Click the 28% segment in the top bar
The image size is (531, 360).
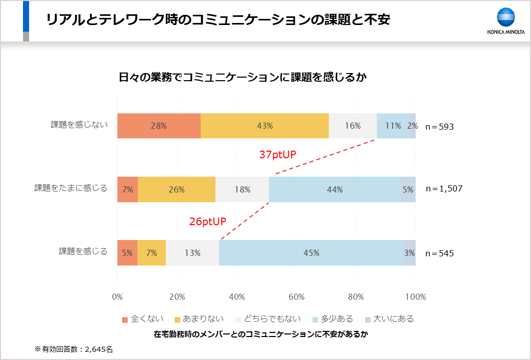(159, 126)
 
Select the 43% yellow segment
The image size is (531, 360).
(264, 126)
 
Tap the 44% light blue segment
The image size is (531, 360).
(335, 189)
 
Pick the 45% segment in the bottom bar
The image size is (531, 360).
(311, 253)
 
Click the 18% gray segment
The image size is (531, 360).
(242, 189)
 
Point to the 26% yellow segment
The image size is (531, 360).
(177, 189)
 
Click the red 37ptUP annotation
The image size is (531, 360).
(278, 155)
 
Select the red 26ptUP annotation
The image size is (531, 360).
(207, 222)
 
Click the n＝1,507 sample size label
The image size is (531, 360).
(444, 189)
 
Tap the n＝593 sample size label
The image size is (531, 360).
(439, 127)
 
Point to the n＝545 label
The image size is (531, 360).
(439, 253)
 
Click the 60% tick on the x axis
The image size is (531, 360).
(296, 297)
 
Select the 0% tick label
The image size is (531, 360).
(117, 297)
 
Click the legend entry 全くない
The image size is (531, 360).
(142, 319)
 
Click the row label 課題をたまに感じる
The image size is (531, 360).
(71, 188)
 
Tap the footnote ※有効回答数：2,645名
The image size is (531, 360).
(74, 349)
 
